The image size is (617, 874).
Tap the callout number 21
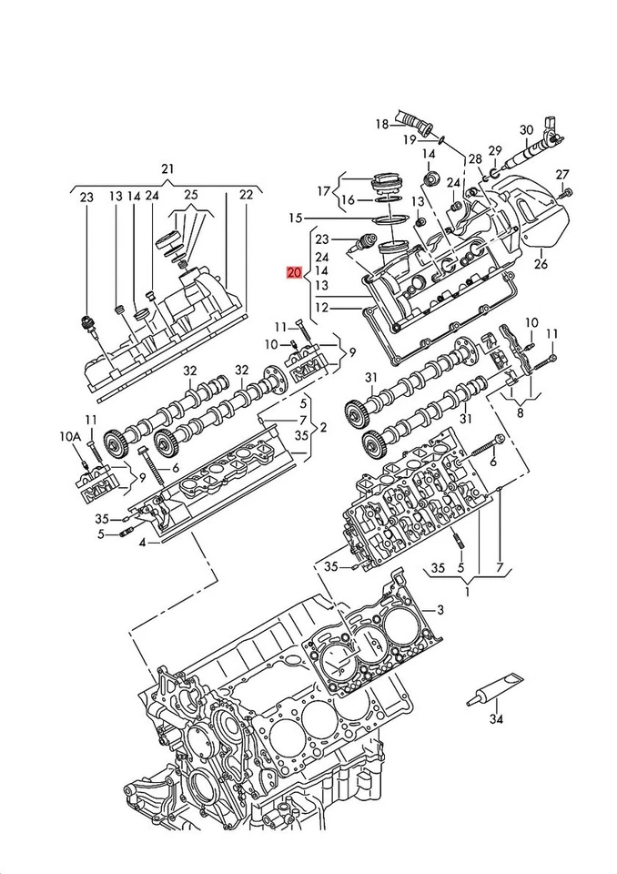[167, 169]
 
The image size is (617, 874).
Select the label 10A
[71, 438]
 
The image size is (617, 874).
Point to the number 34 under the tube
[495, 719]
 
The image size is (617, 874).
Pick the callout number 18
[382, 124]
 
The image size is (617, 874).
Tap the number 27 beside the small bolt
[562, 174]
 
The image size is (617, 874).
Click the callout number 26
[541, 265]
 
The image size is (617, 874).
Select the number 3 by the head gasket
[440, 609]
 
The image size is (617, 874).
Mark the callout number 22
[246, 195]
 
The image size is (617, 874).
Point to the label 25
[190, 195]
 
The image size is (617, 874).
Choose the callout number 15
[294, 218]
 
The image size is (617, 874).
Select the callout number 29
[494, 150]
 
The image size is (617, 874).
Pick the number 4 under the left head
[142, 544]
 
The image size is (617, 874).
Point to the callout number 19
[410, 138]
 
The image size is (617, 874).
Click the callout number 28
[474, 159]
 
